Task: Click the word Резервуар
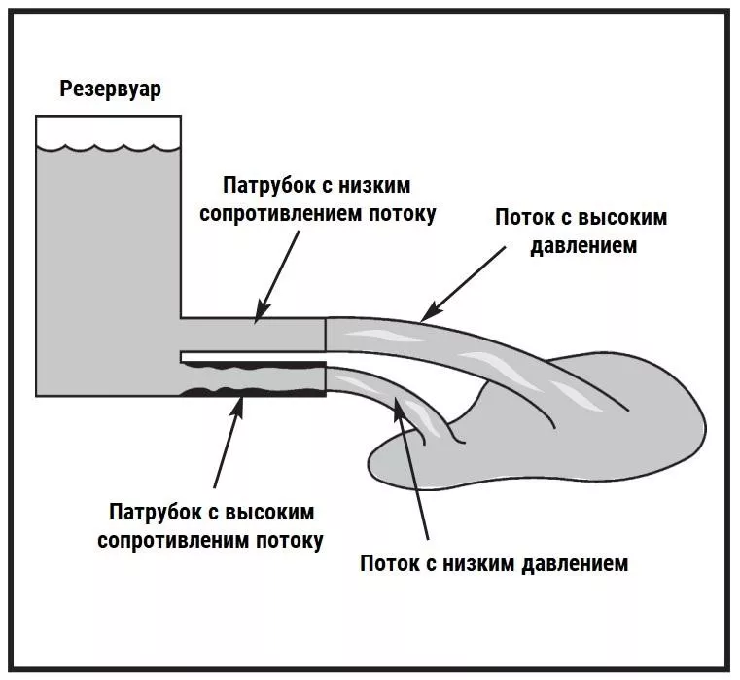pyautogui.click(x=111, y=90)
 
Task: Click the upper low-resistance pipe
pyautogui.click(x=253, y=332)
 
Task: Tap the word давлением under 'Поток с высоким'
pyautogui.click(x=583, y=245)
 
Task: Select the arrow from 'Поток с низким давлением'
pyautogui.click(x=413, y=467)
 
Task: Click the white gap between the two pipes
pyautogui.click(x=253, y=354)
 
